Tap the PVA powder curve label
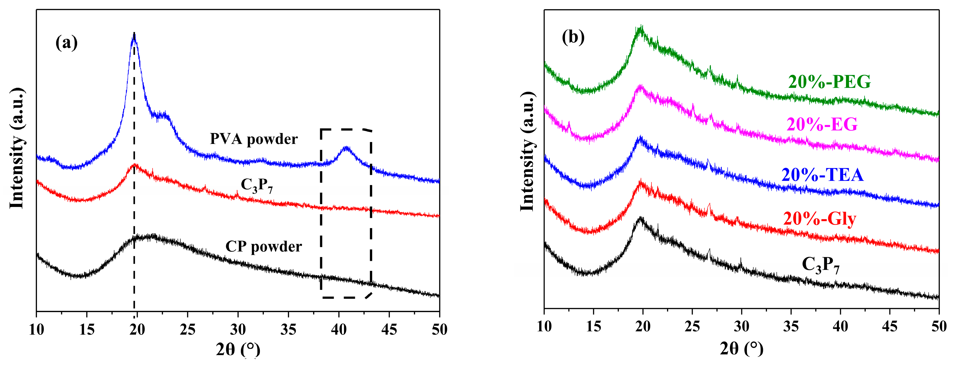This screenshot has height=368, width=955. (x=254, y=139)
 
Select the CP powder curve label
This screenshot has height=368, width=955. (x=264, y=247)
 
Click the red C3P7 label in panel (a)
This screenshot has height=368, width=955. (x=257, y=186)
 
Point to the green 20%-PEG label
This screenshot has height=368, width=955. (x=829, y=82)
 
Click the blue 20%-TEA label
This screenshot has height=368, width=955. (x=822, y=175)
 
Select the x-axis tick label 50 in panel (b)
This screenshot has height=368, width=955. (x=938, y=326)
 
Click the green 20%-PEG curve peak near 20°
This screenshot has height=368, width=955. (x=641, y=28)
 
